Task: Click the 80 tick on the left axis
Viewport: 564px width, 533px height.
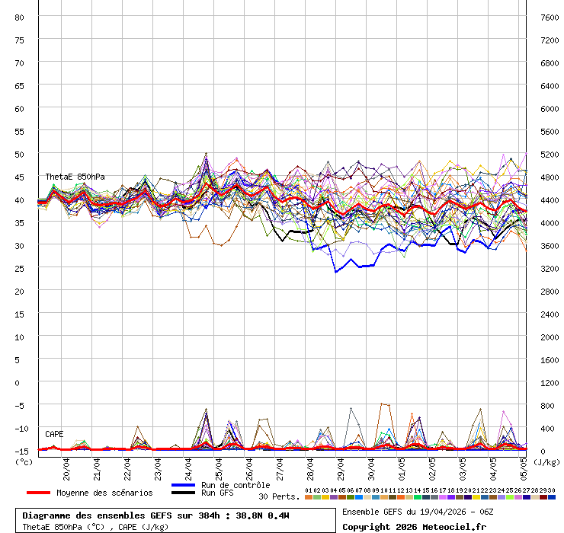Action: tap(20, 17)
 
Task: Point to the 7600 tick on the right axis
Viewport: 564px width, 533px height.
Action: tap(548, 17)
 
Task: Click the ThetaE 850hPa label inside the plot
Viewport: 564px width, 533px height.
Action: tap(75, 177)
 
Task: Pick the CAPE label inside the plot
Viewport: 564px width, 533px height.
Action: tap(54, 434)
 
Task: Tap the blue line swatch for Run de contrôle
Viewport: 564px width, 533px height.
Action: tap(184, 485)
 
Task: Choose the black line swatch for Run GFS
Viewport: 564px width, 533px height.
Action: tap(184, 493)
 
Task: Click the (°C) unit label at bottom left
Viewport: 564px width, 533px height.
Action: tap(24, 461)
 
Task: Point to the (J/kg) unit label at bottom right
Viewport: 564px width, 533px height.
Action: tap(546, 461)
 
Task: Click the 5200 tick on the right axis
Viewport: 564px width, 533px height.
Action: tap(548, 154)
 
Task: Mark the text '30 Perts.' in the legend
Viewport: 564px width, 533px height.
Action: tap(279, 496)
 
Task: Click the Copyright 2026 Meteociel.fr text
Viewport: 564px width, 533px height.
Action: tap(414, 526)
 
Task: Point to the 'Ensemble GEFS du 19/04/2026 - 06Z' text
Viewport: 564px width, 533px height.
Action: tap(418, 512)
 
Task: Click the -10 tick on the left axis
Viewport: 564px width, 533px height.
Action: tap(20, 428)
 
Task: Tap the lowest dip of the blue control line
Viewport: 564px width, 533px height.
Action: tap(335, 272)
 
